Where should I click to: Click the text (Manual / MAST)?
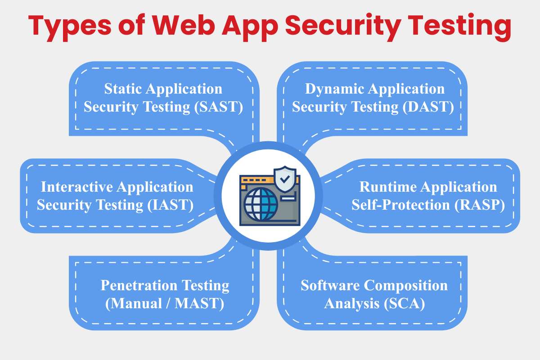pyautogui.click(x=165, y=304)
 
